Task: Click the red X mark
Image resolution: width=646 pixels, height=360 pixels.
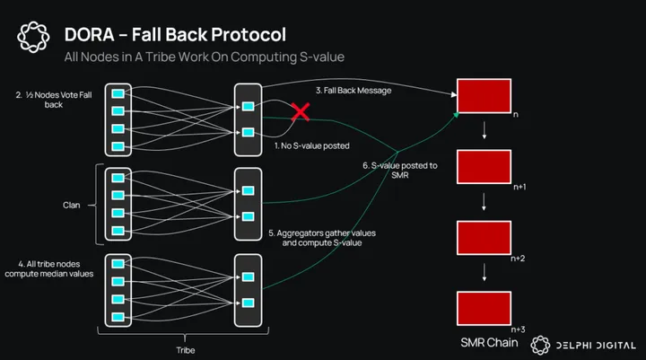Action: pos(299,112)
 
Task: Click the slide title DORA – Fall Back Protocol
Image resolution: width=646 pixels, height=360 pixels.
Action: pos(175,35)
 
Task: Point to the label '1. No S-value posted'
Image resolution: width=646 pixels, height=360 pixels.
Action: pos(310,145)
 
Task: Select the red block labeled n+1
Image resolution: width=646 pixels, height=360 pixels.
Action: pos(484,169)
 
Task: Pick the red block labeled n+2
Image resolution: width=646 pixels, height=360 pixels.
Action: pos(484,238)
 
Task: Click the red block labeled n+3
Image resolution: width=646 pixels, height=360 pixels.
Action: pos(484,309)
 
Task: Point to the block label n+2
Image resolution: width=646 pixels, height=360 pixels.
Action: pos(519,258)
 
